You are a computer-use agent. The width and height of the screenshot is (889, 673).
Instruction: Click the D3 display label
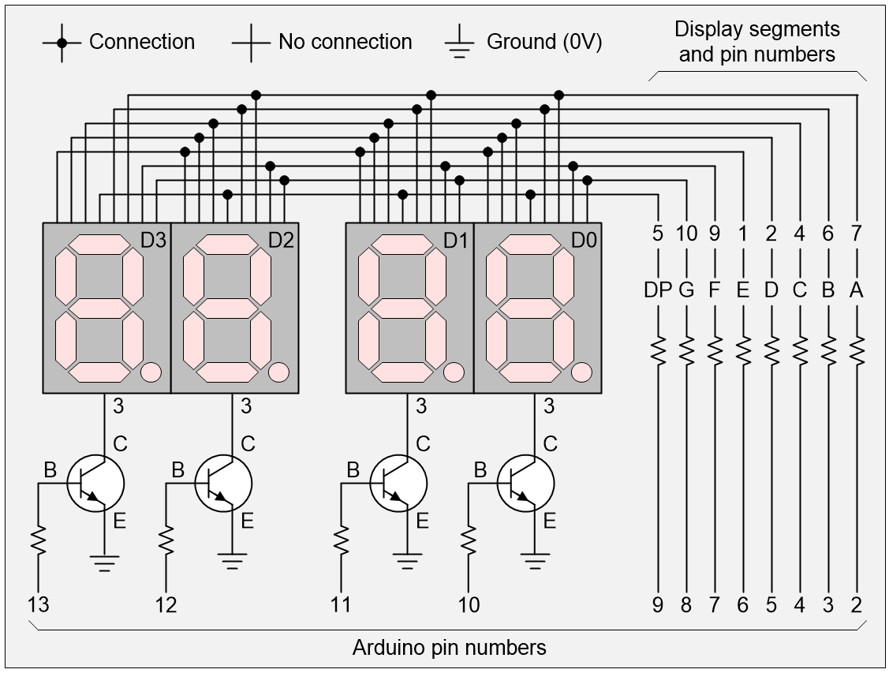[x=154, y=240]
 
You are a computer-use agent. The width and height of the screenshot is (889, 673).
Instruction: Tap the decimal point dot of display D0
[x=581, y=371]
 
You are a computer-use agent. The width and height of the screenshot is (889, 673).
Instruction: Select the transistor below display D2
[x=223, y=483]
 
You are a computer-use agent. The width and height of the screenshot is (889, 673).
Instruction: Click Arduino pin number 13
[x=38, y=605]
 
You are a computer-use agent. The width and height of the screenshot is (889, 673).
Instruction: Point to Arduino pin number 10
[x=469, y=605]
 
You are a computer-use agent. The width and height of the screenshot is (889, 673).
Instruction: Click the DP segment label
[x=657, y=290]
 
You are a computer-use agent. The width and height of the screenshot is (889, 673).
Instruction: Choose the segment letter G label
[x=686, y=290]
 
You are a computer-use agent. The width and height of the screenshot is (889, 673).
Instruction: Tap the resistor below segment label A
[x=857, y=350]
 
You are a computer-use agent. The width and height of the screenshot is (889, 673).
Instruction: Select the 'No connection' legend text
[x=345, y=42]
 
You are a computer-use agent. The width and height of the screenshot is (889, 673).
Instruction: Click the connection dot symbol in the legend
[x=63, y=42]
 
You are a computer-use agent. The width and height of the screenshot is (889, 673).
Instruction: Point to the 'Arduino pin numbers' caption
[x=449, y=649]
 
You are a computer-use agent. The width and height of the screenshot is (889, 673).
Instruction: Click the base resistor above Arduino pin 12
[x=166, y=541]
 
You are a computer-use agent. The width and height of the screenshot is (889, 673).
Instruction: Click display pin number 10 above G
[x=686, y=234]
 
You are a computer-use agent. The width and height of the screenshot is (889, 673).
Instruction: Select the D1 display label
[x=456, y=240]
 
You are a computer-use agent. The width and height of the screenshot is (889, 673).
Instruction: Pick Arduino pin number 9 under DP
[x=657, y=605]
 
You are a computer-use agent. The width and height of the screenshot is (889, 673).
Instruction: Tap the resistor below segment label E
[x=743, y=350]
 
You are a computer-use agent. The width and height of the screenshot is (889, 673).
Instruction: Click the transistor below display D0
[x=525, y=483]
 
